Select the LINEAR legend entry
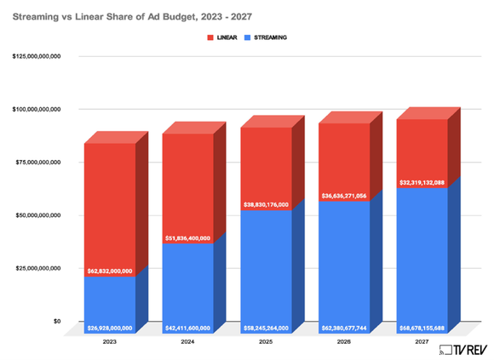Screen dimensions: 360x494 coord(223,39)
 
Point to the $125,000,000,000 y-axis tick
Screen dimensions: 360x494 coord(37,56)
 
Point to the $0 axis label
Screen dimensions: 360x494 coord(56,322)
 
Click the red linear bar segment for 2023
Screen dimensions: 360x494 coord(109,204)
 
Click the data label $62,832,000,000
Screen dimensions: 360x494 coord(109,271)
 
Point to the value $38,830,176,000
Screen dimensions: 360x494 coord(266,204)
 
